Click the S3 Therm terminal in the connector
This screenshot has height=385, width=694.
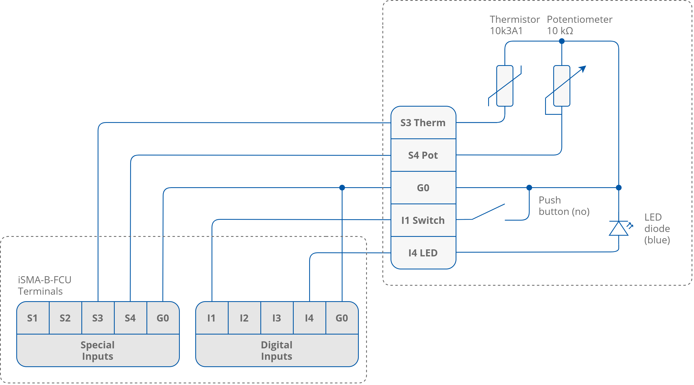pos(423,123)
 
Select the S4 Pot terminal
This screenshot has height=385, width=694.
pos(423,155)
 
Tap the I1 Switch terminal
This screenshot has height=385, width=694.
pos(423,220)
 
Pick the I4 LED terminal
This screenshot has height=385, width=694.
pos(423,253)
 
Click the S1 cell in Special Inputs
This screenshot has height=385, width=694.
pos(33,318)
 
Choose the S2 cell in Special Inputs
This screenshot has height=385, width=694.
pos(65,318)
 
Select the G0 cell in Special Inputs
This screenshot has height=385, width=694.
pos(163,318)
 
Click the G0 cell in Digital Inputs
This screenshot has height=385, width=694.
pos(342,318)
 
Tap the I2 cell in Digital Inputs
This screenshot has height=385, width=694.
pos(244,318)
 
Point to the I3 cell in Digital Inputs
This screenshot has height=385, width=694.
pos(277,318)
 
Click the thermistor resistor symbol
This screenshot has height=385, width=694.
pos(505,86)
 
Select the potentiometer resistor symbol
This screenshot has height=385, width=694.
pos(562,86)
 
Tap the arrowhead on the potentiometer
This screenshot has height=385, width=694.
pos(583,69)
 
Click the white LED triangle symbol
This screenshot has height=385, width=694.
pos(619,229)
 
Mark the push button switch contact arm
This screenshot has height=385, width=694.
pos(488,212)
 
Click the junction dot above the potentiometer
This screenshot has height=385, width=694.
pos(562,41)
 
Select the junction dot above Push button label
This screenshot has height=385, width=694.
pos(529,187)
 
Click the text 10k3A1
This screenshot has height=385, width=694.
pos(506,31)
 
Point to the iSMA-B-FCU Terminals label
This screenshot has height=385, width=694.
pos(44,285)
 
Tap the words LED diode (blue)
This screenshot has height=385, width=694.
pos(657,228)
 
